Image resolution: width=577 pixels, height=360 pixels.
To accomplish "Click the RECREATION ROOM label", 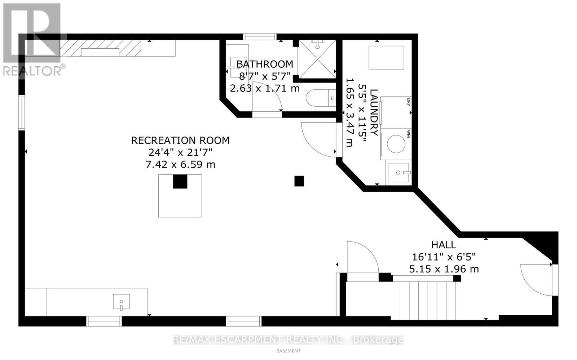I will click(x=180, y=140).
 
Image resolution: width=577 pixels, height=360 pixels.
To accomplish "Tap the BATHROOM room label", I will click(x=264, y=65).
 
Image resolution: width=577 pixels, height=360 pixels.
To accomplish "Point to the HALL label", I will click(x=444, y=245).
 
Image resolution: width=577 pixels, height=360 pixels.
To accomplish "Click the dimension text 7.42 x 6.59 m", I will click(x=180, y=165).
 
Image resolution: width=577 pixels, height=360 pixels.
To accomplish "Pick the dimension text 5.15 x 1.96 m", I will click(x=444, y=269).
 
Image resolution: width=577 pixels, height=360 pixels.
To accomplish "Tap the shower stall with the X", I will click(x=317, y=59).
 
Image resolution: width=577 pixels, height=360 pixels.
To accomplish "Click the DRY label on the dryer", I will click(x=409, y=102).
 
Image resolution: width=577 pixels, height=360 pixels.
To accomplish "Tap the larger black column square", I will click(x=180, y=182).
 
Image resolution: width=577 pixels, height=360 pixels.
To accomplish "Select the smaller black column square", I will click(x=299, y=181).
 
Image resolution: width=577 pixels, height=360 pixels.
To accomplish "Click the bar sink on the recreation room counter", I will click(x=122, y=302).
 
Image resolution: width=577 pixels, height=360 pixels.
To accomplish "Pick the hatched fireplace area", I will click(x=100, y=48).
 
